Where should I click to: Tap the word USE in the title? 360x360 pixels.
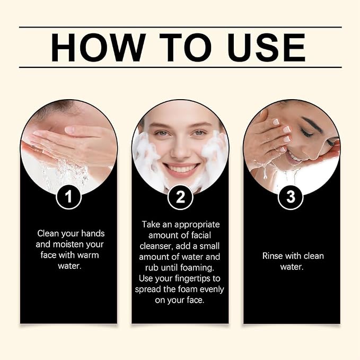266,48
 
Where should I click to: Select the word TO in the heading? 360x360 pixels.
186,48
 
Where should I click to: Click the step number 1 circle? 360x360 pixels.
68,197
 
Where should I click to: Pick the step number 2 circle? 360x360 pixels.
180,197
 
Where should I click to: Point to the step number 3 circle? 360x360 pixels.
291,197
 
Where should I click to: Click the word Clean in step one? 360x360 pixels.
48,233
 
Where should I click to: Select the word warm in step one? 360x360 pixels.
88,255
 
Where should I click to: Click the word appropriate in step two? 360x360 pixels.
197,225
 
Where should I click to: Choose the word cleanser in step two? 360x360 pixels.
156,246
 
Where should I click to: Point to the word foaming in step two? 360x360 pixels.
197,268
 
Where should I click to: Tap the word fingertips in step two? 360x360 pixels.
192,279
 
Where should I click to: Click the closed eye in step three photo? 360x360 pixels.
306,133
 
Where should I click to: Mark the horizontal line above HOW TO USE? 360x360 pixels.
180,27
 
